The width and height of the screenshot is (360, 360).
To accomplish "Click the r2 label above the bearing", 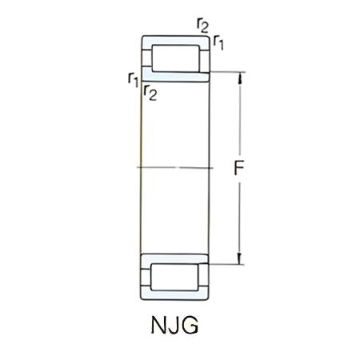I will pos(202,25).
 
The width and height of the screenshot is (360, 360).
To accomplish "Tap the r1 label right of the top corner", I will pos(218,42).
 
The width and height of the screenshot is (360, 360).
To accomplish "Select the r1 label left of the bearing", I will pos(133,78).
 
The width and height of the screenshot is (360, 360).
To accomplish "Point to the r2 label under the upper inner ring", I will pos(149,92).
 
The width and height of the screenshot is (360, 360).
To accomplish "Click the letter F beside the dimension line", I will pos(238,169).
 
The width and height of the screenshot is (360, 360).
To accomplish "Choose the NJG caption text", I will pos(174,327).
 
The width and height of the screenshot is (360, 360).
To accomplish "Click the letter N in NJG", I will pos(157,327).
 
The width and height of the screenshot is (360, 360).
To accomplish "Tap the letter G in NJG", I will pos(190,327).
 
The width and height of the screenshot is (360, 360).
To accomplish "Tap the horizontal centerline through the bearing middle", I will pos(176,168).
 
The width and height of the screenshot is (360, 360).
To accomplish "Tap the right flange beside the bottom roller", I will pos(205,278).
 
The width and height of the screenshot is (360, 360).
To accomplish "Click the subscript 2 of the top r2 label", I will pos(206,29).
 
